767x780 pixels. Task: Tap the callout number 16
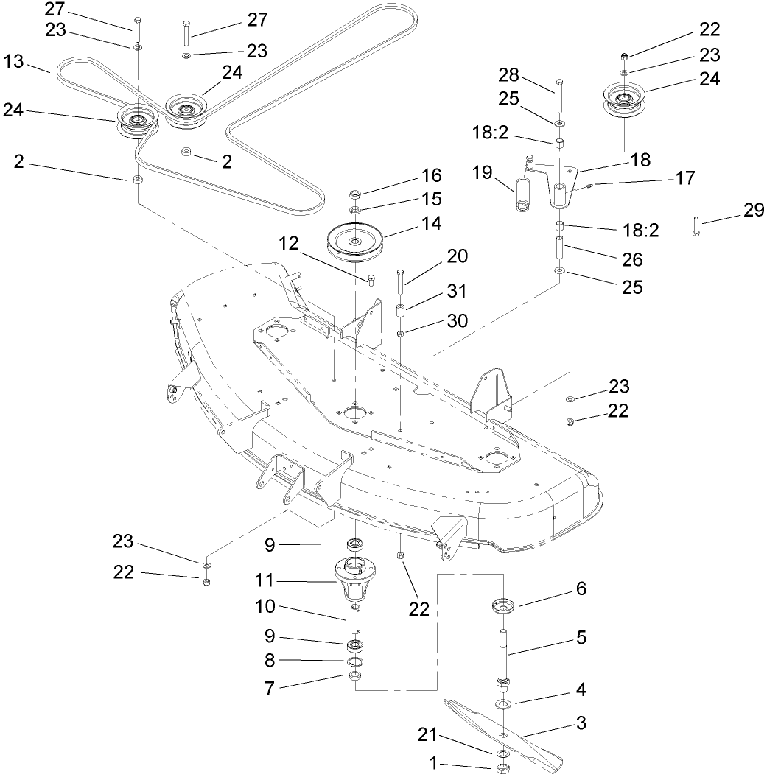tap(432, 175)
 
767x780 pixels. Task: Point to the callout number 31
tap(456, 292)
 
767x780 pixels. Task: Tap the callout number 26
tap(632, 259)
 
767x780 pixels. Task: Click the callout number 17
tap(684, 177)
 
